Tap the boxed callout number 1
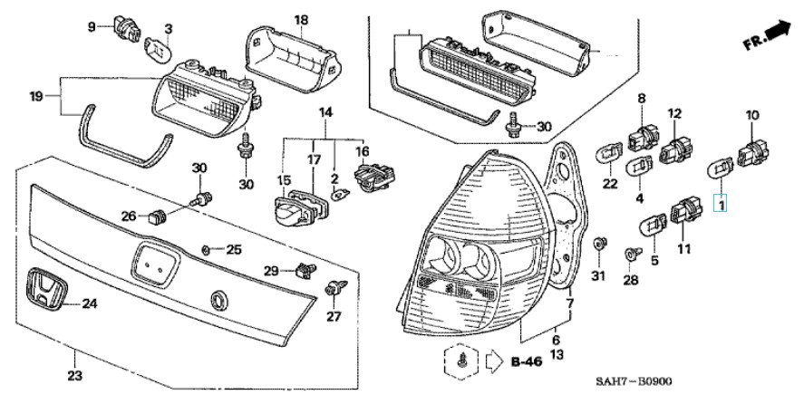click(x=722, y=206)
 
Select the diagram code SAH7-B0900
click(x=634, y=382)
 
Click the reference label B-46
click(x=526, y=361)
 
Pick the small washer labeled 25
click(x=206, y=250)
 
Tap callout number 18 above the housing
click(x=301, y=20)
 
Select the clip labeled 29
click(x=305, y=270)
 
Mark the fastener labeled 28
click(x=631, y=254)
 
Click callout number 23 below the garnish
click(x=75, y=376)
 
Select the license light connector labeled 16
click(x=376, y=175)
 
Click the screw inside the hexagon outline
click(x=462, y=361)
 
